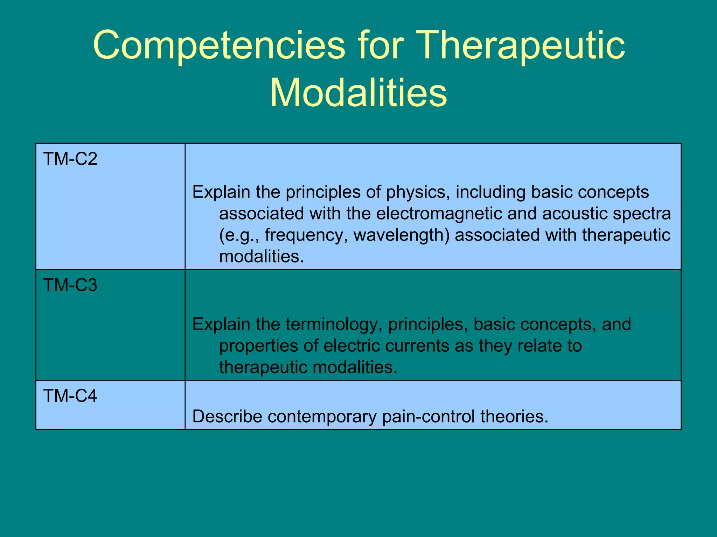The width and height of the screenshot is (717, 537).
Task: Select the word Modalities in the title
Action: pyautogui.click(x=358, y=93)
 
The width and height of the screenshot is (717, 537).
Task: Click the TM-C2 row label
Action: pyautogui.click(x=70, y=159)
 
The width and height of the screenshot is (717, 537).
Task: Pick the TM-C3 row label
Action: pyautogui.click(x=70, y=285)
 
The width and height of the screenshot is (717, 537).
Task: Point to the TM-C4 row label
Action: pyautogui.click(x=70, y=396)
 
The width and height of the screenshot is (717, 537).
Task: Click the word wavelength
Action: pyautogui.click(x=401, y=235)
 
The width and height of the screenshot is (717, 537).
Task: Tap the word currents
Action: pyautogui.click(x=417, y=346)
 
